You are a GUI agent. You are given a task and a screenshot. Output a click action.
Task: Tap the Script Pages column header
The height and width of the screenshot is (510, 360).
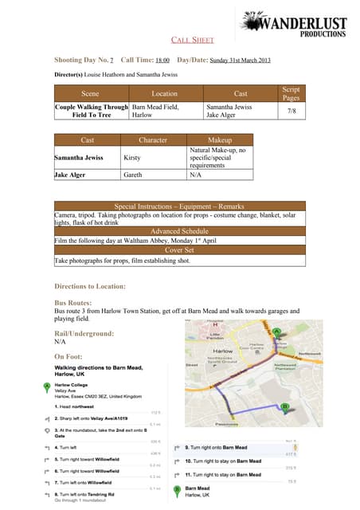291,93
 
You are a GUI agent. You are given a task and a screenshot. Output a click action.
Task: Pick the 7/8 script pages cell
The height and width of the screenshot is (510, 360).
291,111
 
